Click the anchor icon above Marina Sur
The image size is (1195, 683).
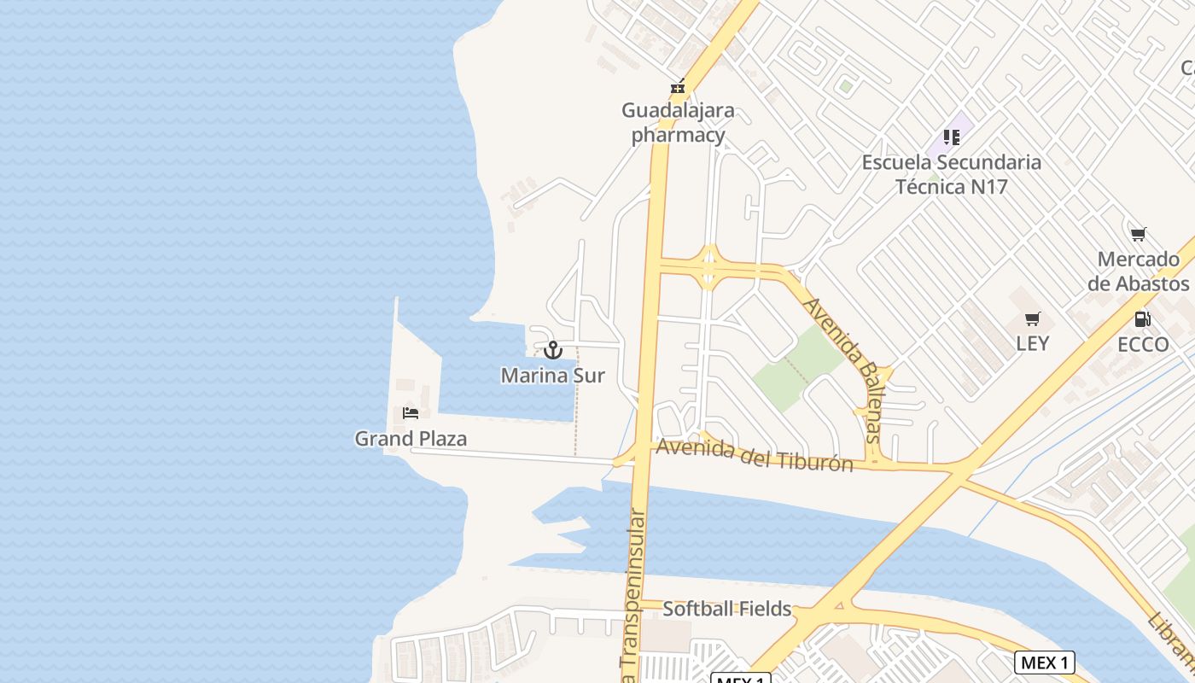(x=553, y=350)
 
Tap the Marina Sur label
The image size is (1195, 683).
(x=553, y=375)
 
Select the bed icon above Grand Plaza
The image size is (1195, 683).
(x=411, y=413)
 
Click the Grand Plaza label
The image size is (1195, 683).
(x=411, y=439)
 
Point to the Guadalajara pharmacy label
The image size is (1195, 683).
(x=678, y=123)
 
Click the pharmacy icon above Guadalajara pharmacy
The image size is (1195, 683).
(x=678, y=87)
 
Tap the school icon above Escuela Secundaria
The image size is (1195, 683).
(x=952, y=137)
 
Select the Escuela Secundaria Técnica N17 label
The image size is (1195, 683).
(x=952, y=174)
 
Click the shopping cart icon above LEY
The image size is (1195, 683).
(x=1033, y=320)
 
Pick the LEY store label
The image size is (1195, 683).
(x=1033, y=343)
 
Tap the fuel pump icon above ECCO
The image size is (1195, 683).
(x=1143, y=320)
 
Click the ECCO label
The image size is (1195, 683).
(x=1143, y=344)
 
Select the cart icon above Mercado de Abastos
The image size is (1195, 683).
(x=1138, y=235)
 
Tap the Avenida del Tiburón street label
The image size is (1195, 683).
(x=754, y=455)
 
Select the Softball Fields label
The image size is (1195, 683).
(x=727, y=610)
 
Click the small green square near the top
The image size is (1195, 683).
(x=845, y=86)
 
